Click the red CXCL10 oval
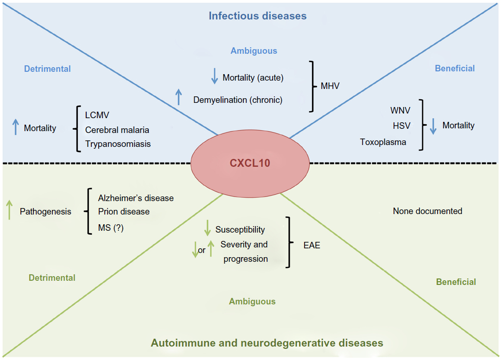click(x=250, y=163)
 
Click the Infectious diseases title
click(x=257, y=16)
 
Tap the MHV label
click(x=330, y=86)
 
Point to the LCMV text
click(x=97, y=115)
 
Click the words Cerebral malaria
click(x=117, y=130)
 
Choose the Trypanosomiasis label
click(x=118, y=144)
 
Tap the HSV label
click(x=401, y=126)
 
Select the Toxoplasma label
click(x=383, y=142)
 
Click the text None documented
click(x=427, y=211)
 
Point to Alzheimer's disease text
click(x=136, y=198)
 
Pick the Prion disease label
click(x=124, y=211)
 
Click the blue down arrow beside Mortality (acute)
click(x=214, y=76)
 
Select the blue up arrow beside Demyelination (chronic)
click(x=179, y=97)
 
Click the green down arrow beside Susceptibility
click(x=207, y=228)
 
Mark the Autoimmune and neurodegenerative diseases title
click(x=267, y=343)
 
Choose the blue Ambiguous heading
click(x=254, y=51)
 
